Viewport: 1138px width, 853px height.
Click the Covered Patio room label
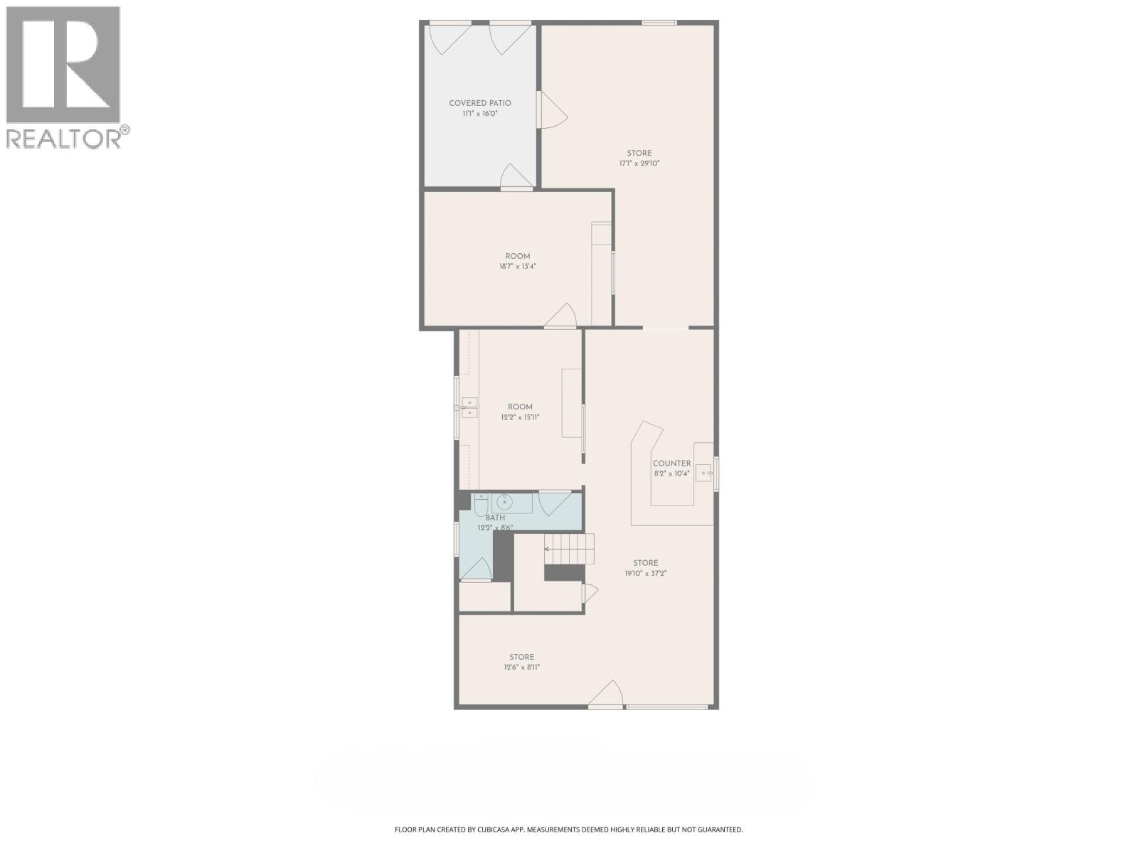(x=479, y=103)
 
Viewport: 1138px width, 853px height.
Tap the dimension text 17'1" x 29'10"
(x=639, y=163)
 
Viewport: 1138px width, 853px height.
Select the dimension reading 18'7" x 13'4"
(x=517, y=266)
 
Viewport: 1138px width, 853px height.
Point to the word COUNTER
(x=671, y=463)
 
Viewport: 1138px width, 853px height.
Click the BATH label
(x=495, y=517)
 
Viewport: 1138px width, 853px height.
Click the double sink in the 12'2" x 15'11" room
(x=107, y=407)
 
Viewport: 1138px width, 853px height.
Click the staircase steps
(x=569, y=549)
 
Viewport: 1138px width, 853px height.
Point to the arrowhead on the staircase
(x=546, y=549)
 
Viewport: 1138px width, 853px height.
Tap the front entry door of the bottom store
(x=605, y=694)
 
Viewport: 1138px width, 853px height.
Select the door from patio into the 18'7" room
(x=516, y=177)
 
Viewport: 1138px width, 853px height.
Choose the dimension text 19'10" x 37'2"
(x=646, y=574)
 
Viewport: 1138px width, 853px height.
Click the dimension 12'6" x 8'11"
(x=521, y=667)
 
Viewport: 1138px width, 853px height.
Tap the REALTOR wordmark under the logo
(x=64, y=139)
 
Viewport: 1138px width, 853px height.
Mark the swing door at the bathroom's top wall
(x=555, y=503)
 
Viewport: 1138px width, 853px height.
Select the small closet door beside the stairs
(x=590, y=593)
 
